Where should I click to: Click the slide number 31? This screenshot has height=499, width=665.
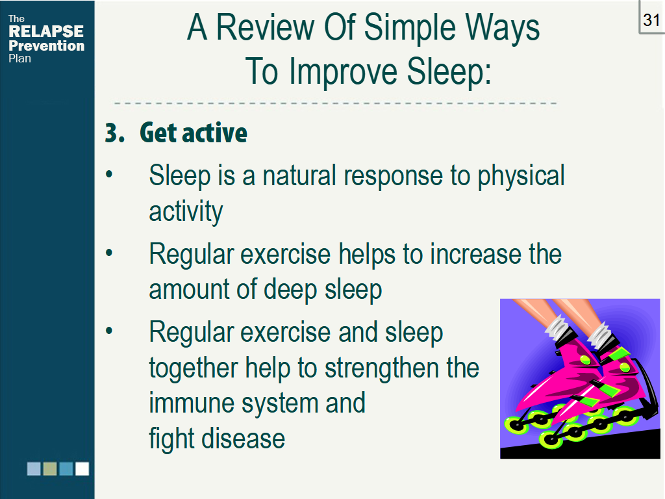651,20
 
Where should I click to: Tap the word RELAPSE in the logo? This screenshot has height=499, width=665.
46,31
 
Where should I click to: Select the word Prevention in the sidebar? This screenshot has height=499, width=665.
47,45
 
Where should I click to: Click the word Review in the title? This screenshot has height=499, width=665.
266,27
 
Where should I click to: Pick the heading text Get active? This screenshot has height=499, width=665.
194,133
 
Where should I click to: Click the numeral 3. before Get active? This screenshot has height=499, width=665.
115,133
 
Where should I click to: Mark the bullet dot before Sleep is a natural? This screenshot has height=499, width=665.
109,174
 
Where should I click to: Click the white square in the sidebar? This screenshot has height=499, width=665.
82,469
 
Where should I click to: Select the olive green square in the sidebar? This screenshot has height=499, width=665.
50,469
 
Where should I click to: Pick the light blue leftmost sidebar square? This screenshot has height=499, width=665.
34,469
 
